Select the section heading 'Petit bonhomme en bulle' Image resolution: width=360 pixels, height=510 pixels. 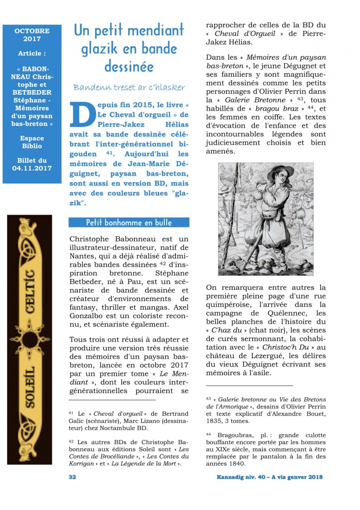click(x=129, y=222)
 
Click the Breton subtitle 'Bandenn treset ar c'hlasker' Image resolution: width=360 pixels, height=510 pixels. click(x=129, y=87)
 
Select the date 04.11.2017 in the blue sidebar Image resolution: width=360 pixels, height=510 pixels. click(x=32, y=168)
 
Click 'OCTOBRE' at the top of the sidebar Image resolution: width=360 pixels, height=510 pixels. click(x=32, y=31)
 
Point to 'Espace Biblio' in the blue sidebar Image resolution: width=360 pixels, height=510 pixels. click(x=32, y=143)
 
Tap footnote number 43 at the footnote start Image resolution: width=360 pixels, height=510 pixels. click(x=208, y=398)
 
